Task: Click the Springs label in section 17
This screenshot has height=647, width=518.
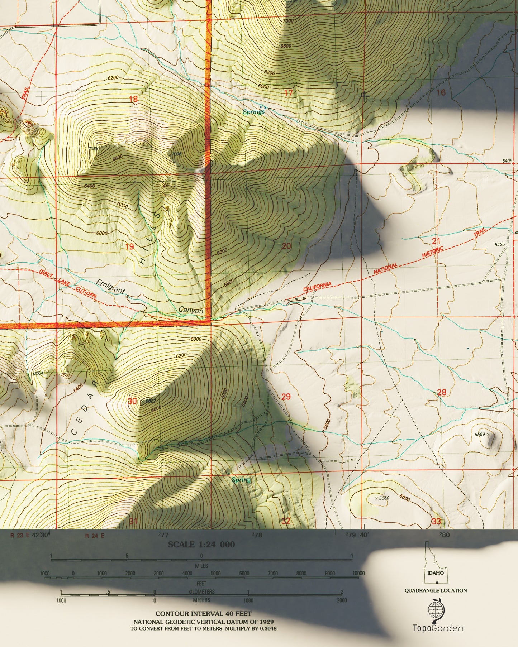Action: click(x=253, y=112)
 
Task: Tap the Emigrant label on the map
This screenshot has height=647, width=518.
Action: click(x=110, y=287)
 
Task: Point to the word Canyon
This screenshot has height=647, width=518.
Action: click(x=191, y=310)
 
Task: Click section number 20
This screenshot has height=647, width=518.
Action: click(x=286, y=246)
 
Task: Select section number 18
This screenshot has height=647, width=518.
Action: click(x=133, y=99)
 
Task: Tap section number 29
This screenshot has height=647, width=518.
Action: click(x=286, y=397)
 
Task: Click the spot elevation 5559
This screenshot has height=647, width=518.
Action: click(x=480, y=434)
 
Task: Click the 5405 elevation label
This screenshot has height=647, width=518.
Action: click(x=507, y=161)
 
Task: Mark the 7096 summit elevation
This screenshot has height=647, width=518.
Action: click(x=176, y=154)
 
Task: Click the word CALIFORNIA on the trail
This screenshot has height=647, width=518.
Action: click(x=317, y=287)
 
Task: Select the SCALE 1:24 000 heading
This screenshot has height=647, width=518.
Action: click(x=201, y=544)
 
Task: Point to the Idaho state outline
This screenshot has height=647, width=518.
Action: click(x=435, y=565)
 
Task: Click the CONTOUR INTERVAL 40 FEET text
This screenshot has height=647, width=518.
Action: click(x=203, y=614)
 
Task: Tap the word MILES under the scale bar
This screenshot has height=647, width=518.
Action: click(x=201, y=566)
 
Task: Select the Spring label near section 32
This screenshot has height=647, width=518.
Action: click(x=241, y=480)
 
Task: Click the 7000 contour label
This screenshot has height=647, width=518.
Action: click(x=288, y=21)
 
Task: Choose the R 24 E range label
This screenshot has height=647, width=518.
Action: click(x=95, y=536)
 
